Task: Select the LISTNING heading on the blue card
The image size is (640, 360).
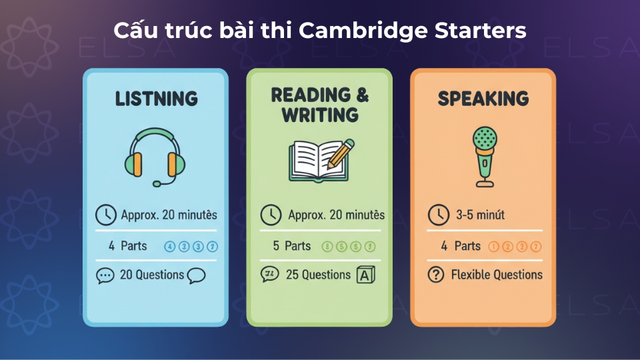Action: (x=156, y=99)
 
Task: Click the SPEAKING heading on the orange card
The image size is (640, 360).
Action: (x=483, y=99)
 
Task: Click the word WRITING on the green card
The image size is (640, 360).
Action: (x=320, y=115)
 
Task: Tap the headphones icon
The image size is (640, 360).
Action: (x=155, y=158)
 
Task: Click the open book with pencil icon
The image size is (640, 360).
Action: (x=319, y=159)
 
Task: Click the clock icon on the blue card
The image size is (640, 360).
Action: (x=105, y=215)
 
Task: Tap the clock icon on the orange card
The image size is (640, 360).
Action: (x=437, y=215)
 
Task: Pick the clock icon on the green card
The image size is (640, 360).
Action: (x=269, y=215)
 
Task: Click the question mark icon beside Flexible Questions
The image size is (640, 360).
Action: (x=436, y=275)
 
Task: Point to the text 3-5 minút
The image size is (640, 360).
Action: (x=481, y=215)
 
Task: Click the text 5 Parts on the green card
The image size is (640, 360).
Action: (x=292, y=246)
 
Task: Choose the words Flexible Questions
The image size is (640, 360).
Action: (x=497, y=275)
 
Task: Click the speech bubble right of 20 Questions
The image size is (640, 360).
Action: (x=196, y=275)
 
